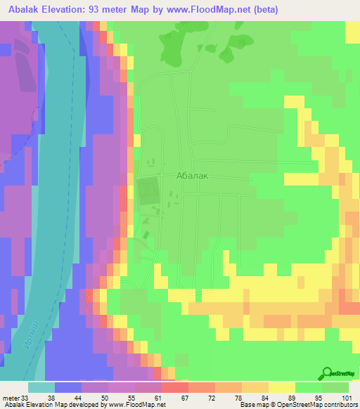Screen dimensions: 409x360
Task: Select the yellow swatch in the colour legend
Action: (282, 387)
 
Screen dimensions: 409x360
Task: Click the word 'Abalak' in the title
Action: (26, 10)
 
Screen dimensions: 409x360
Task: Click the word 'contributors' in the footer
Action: (340, 405)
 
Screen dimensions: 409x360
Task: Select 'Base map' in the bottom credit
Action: (253, 405)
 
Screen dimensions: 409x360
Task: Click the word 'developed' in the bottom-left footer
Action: (77, 405)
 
